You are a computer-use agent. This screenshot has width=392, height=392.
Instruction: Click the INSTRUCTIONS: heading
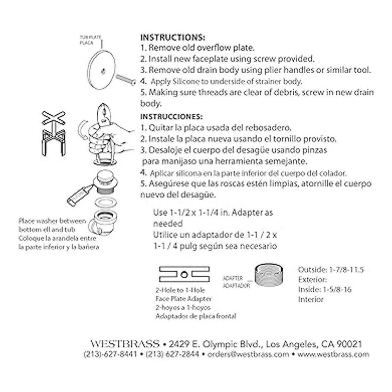pos(172,37)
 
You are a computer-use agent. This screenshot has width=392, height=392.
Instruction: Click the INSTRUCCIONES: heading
pos(171,117)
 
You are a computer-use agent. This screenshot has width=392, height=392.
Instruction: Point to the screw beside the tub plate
pos(126,79)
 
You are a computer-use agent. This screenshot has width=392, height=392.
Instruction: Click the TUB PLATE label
pos(90,38)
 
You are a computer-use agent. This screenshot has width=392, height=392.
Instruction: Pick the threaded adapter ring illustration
pos(269,275)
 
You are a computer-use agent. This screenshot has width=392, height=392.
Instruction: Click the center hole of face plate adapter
pos(184,274)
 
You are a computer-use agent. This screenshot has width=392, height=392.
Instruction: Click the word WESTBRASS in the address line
pos(125,344)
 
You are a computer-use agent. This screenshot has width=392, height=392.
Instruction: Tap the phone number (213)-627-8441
pos(110,354)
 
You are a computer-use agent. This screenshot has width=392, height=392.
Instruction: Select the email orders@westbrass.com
pos(248,354)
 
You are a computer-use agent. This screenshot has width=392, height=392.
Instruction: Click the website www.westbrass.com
pos(333,354)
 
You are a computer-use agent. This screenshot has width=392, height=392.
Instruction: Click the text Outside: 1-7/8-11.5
pos(331,270)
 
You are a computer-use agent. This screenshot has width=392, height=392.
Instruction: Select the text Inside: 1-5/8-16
pos(325,289)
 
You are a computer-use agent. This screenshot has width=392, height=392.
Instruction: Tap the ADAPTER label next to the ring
pos(233,278)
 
